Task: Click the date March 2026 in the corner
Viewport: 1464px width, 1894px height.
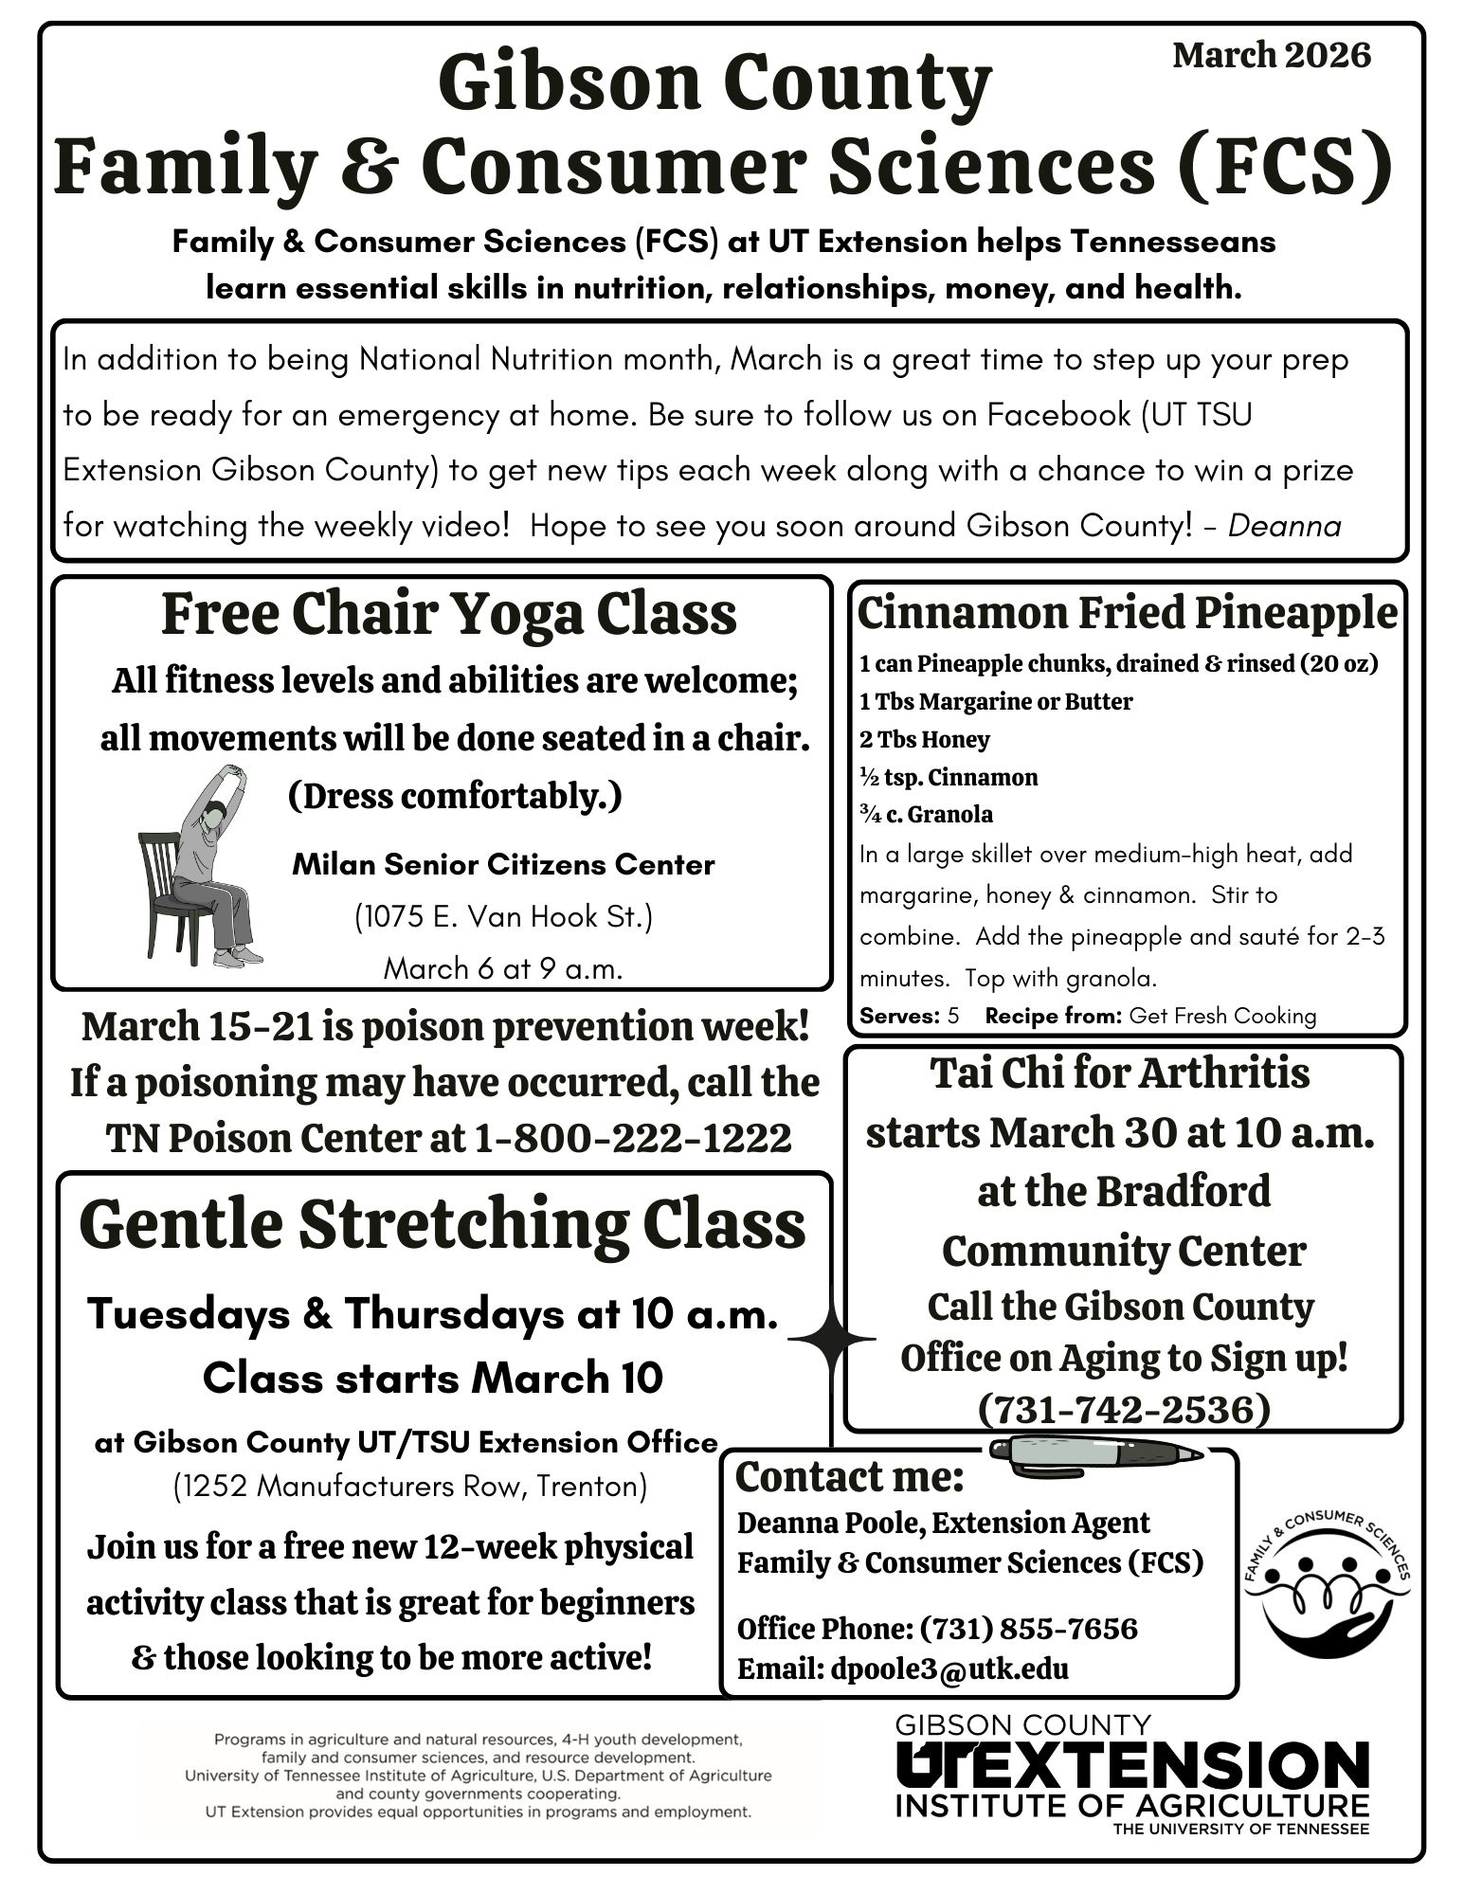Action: [x=1271, y=55]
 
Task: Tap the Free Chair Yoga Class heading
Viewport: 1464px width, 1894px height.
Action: [x=448, y=614]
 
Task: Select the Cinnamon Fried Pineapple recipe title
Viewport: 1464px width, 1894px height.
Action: [x=1127, y=613]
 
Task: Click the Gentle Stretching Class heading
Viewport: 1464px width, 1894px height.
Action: [x=443, y=1224]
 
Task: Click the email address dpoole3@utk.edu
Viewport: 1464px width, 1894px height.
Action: [x=949, y=1669]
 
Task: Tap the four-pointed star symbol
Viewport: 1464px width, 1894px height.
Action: [x=831, y=1340]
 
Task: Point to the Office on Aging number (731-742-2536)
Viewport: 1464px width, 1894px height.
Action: [x=1123, y=1409]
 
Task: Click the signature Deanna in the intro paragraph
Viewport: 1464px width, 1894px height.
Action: [x=1284, y=526]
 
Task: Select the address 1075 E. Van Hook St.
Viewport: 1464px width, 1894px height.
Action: [x=503, y=916]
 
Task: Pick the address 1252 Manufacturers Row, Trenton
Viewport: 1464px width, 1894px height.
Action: [x=410, y=1486]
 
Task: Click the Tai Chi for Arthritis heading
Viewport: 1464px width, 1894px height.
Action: [x=1121, y=1073]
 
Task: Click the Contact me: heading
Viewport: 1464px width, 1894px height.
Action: [x=849, y=1477]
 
